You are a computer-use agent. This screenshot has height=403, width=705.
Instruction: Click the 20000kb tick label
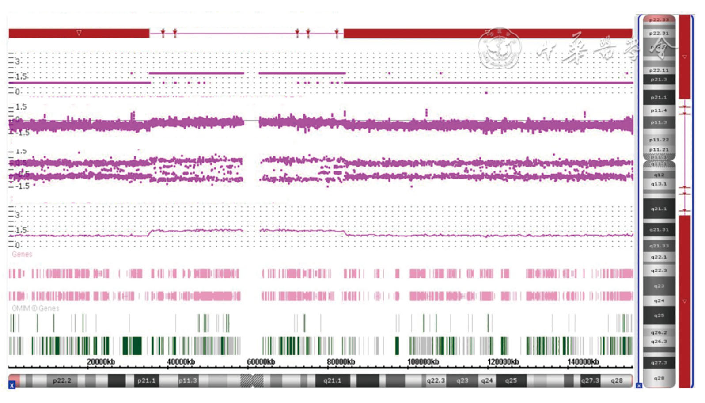101,362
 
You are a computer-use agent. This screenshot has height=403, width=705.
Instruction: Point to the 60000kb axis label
261,362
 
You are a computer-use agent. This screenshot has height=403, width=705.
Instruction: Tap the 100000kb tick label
423,362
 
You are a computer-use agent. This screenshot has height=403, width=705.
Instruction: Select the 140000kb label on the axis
583,362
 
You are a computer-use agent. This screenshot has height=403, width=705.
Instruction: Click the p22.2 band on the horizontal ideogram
62,380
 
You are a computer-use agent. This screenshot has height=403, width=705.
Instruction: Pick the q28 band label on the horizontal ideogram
616,380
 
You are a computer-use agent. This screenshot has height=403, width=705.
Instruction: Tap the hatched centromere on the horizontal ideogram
252,380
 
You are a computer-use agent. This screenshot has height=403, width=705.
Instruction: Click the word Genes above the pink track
22,254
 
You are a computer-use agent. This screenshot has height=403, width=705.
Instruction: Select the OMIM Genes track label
35,308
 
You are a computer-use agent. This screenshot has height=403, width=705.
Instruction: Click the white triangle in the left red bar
79,33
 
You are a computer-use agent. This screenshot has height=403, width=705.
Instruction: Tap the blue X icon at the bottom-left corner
12,385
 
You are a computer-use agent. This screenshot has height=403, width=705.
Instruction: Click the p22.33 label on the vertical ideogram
659,19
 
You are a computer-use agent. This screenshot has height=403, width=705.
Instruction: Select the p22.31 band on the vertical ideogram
659,33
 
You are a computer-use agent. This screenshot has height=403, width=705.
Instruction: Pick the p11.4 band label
659,110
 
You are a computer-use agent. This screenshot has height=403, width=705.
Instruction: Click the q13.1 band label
659,184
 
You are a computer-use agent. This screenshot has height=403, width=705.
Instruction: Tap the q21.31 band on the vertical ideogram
659,230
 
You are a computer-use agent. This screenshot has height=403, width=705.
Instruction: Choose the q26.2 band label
659,332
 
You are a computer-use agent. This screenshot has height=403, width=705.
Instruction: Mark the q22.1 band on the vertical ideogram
659,257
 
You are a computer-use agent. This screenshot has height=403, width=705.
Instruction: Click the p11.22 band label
659,140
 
